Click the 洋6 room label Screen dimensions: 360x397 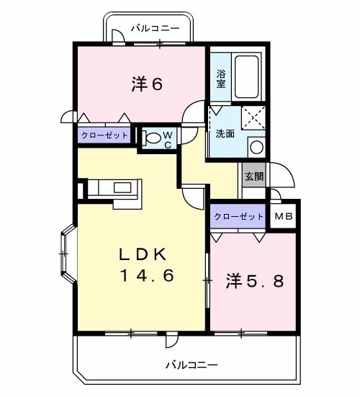pos(147,84)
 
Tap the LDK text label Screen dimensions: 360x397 pos(143,254)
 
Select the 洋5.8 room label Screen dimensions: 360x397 pos(254,281)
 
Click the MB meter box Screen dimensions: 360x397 pos(284,216)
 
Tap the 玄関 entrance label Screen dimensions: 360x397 pos(254,177)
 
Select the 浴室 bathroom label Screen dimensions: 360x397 pos(221,79)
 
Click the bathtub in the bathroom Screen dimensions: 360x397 pos(247,77)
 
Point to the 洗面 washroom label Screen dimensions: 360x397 pos(225,134)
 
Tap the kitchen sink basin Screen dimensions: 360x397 pos(122,188)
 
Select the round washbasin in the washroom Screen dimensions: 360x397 pos(256,148)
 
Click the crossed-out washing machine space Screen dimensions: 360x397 pos(253,118)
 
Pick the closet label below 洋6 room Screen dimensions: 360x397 pos(104,135)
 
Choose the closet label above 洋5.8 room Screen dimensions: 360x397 pos(238,216)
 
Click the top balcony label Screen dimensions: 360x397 pos(155,28)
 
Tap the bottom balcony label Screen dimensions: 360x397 pos(192,365)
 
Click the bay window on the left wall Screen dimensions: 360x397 pos(68,254)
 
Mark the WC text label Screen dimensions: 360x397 pos(168,140)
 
